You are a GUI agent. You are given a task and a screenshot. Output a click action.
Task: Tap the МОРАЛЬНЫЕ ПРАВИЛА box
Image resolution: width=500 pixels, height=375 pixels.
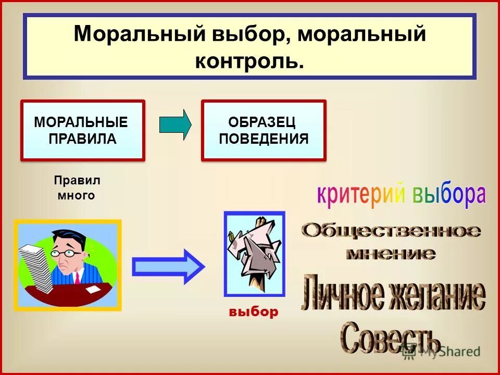(x=82, y=130)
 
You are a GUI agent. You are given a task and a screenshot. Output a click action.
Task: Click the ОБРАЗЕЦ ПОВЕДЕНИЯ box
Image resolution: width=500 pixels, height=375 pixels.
(x=264, y=130)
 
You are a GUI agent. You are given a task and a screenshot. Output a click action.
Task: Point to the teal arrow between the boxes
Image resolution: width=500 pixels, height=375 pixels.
(x=175, y=124)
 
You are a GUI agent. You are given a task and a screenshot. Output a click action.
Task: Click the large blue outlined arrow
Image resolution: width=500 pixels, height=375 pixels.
(x=168, y=267)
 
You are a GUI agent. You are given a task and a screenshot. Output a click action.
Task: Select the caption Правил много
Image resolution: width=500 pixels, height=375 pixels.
(x=77, y=188)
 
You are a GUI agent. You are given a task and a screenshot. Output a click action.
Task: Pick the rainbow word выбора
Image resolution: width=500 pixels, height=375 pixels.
(x=449, y=194)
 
